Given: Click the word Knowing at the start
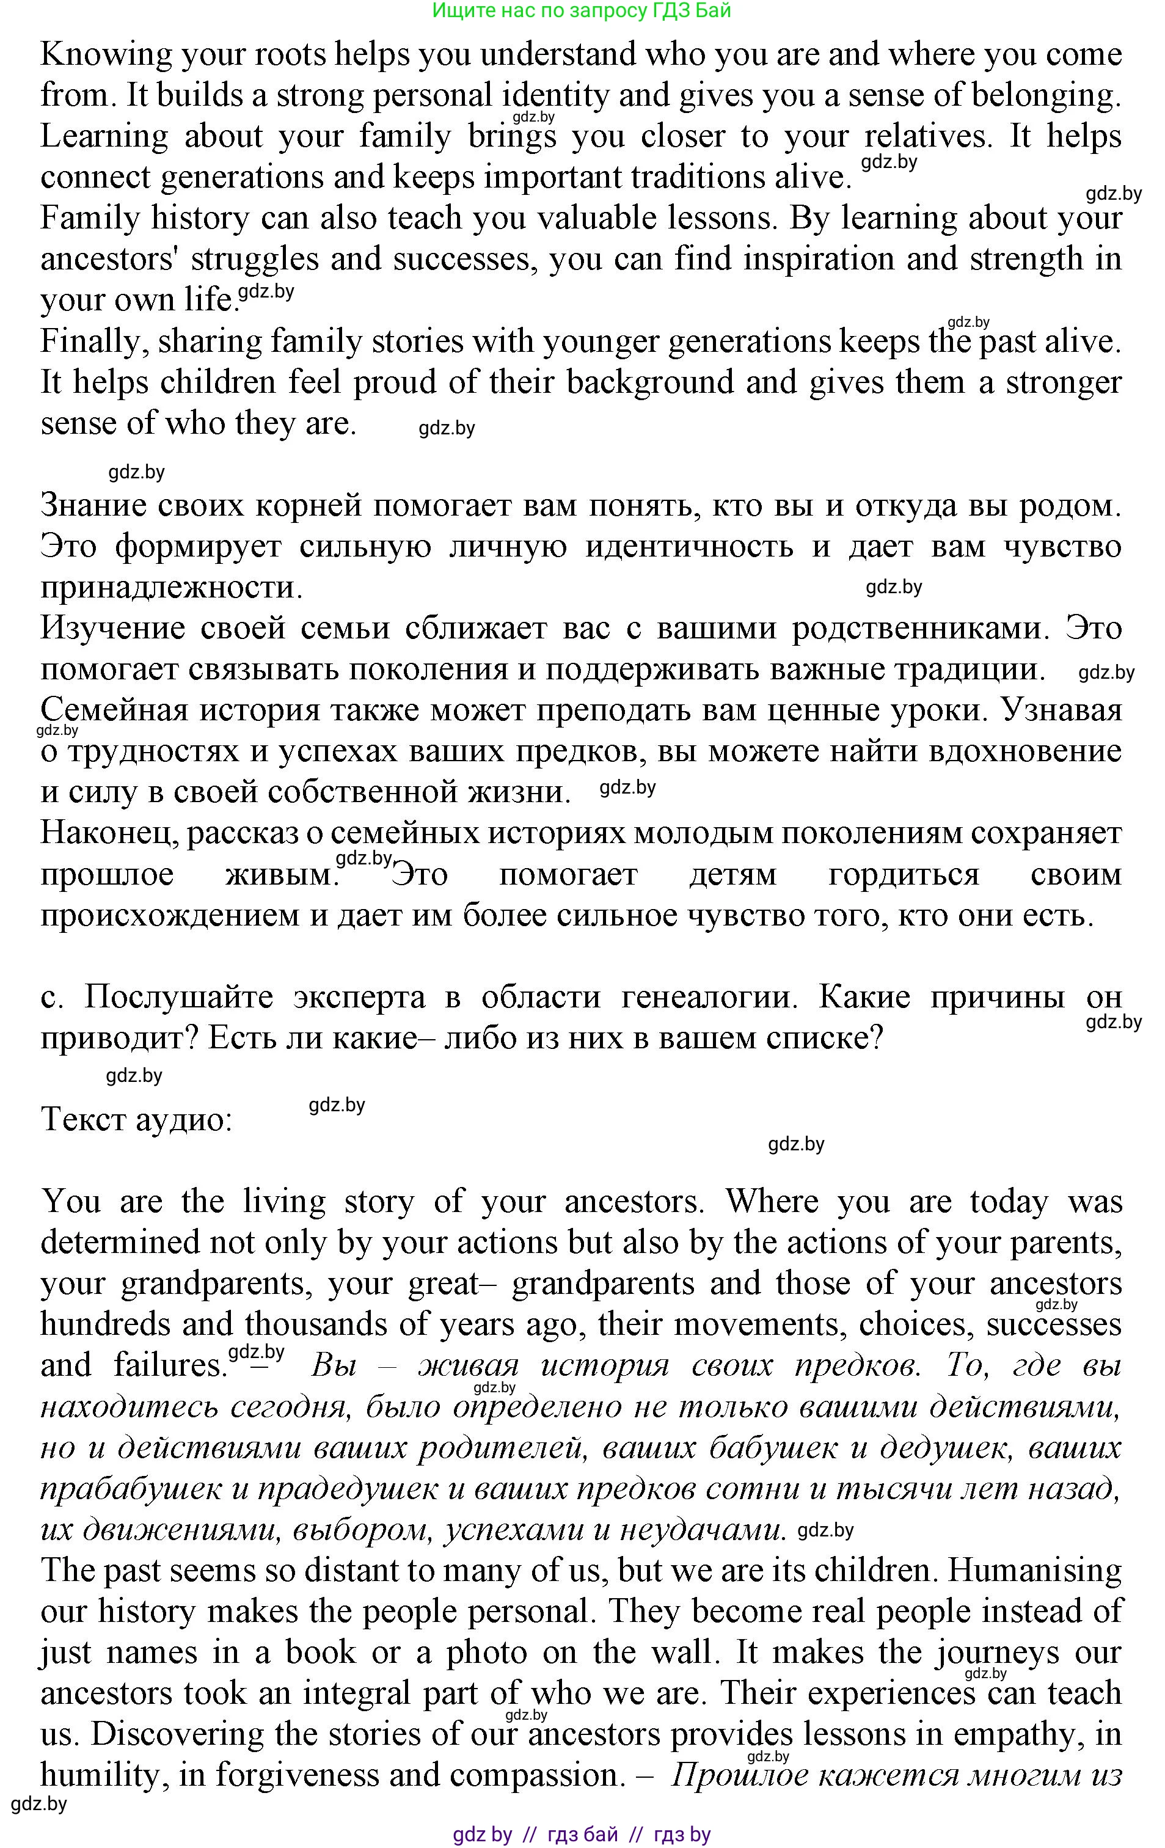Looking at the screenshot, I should (96, 55).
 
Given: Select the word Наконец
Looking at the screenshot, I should (111, 835).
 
